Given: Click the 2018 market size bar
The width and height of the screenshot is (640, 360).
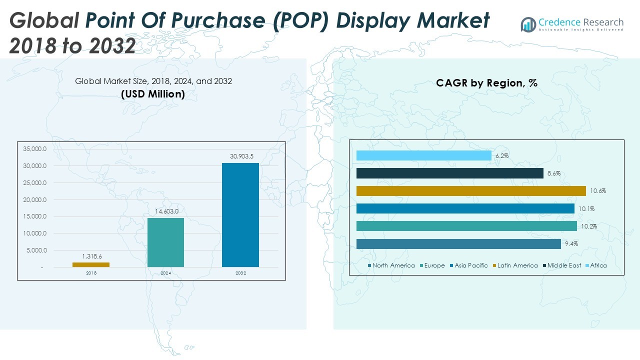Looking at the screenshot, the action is click(x=91, y=264).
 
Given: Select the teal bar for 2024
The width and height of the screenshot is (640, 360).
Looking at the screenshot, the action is click(x=165, y=242).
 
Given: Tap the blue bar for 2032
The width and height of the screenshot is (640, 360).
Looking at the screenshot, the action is click(x=240, y=215).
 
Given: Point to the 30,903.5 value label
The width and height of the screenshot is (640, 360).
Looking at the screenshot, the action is click(x=241, y=156).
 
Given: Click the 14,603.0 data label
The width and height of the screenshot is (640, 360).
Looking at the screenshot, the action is click(x=167, y=211).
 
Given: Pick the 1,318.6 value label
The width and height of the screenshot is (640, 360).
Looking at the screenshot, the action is click(x=92, y=256).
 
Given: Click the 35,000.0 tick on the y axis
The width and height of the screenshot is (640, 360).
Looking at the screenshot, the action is click(x=34, y=149).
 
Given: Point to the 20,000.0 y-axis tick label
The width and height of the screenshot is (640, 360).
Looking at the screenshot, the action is click(x=34, y=199).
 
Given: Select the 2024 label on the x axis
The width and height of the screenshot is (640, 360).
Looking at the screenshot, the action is click(x=165, y=273).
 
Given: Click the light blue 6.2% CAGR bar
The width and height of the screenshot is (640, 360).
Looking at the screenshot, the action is click(x=423, y=155).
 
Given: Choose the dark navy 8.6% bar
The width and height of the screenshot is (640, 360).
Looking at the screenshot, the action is click(x=449, y=173).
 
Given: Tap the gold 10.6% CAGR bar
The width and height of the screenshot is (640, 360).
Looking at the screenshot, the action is click(x=471, y=191).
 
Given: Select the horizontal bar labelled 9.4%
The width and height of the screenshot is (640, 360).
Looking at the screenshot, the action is click(x=458, y=244).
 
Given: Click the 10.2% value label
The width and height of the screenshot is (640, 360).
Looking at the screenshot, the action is click(x=589, y=226).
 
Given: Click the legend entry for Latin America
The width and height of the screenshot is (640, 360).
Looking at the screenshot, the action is click(x=515, y=265).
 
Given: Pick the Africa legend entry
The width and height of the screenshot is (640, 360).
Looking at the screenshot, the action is click(x=596, y=265).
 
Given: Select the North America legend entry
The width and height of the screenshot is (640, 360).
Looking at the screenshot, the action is click(x=391, y=265).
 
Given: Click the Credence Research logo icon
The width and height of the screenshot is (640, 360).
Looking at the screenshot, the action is click(x=528, y=24).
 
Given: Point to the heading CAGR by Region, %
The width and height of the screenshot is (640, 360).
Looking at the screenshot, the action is click(x=486, y=83).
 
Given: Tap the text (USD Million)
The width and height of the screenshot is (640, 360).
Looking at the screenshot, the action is click(x=153, y=94).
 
